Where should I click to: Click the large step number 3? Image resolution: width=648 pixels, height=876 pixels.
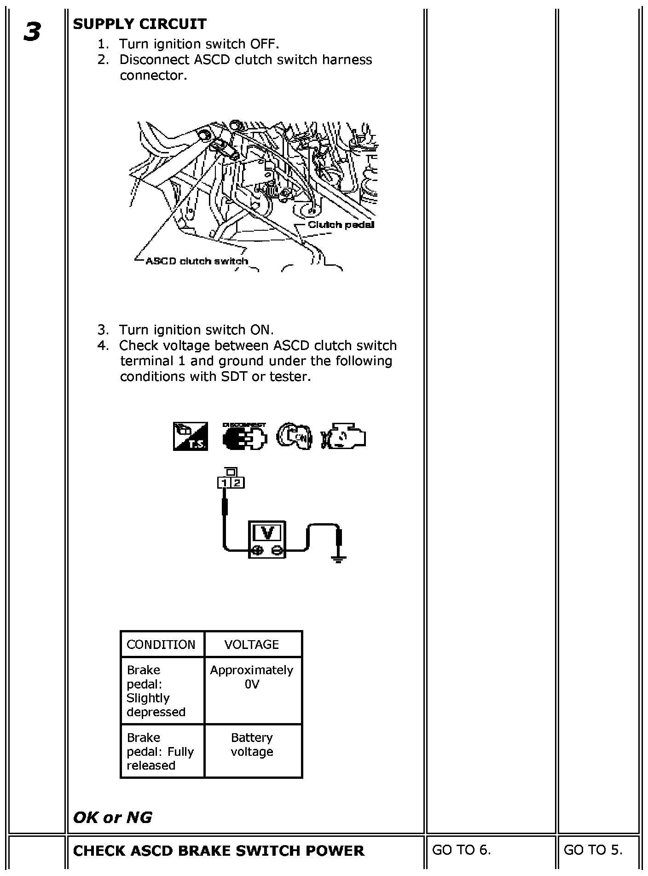click(32, 32)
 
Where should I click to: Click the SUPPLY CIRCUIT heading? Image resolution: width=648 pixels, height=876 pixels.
click(140, 24)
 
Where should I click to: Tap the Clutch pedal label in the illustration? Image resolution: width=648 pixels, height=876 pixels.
click(341, 225)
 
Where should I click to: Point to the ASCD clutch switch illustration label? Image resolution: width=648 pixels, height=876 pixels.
click(197, 261)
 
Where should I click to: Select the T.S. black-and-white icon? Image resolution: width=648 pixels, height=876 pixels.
click(191, 436)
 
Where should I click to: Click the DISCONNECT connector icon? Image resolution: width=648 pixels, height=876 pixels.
click(244, 436)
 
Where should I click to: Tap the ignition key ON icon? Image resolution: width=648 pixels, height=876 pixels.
click(294, 436)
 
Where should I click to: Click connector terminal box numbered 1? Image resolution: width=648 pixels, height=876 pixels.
click(224, 483)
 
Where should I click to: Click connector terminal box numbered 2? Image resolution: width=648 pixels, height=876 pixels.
click(237, 483)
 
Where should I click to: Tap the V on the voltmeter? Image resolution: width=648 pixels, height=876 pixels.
click(267, 532)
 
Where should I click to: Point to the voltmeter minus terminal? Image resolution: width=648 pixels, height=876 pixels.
click(276, 549)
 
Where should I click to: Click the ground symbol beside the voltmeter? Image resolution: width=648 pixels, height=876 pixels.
click(339, 560)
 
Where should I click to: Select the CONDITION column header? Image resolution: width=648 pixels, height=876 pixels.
click(161, 644)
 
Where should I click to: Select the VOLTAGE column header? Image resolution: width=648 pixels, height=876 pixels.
click(252, 644)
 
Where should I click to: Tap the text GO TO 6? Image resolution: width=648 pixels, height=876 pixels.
click(462, 850)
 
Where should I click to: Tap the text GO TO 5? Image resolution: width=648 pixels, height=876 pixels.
click(593, 850)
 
